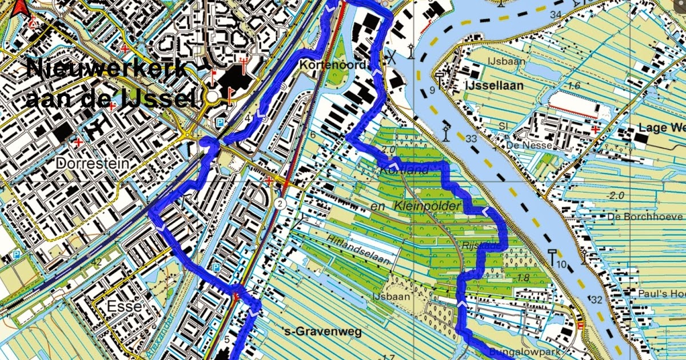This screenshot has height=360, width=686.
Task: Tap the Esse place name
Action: coord(123,307)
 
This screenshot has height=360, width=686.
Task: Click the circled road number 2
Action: coord(280,204)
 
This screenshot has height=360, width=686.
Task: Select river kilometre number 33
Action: coord(471,138)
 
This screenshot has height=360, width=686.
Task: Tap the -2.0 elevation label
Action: coord(615,195)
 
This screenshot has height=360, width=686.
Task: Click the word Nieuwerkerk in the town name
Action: coord(107,70)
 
